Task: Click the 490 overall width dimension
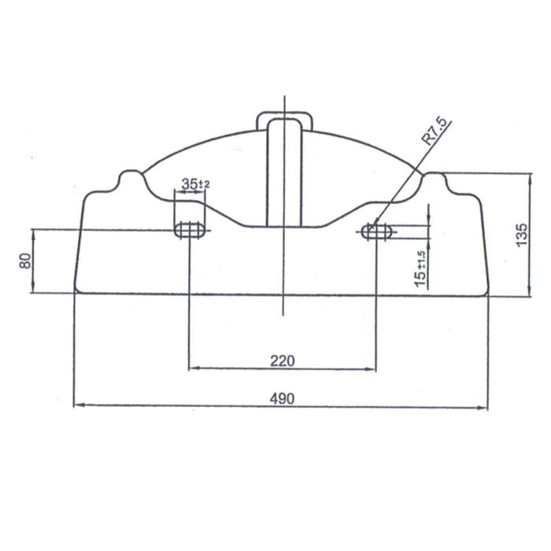282,399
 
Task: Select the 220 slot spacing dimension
282,361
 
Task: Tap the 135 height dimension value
522,235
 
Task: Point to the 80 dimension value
25,261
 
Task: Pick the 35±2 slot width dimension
195,183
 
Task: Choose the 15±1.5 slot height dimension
420,269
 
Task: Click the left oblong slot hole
190,230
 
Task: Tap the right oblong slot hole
377,231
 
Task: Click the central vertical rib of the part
284,173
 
